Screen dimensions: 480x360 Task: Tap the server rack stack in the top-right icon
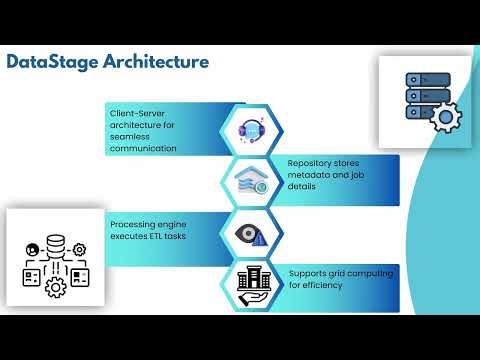(422, 95)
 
